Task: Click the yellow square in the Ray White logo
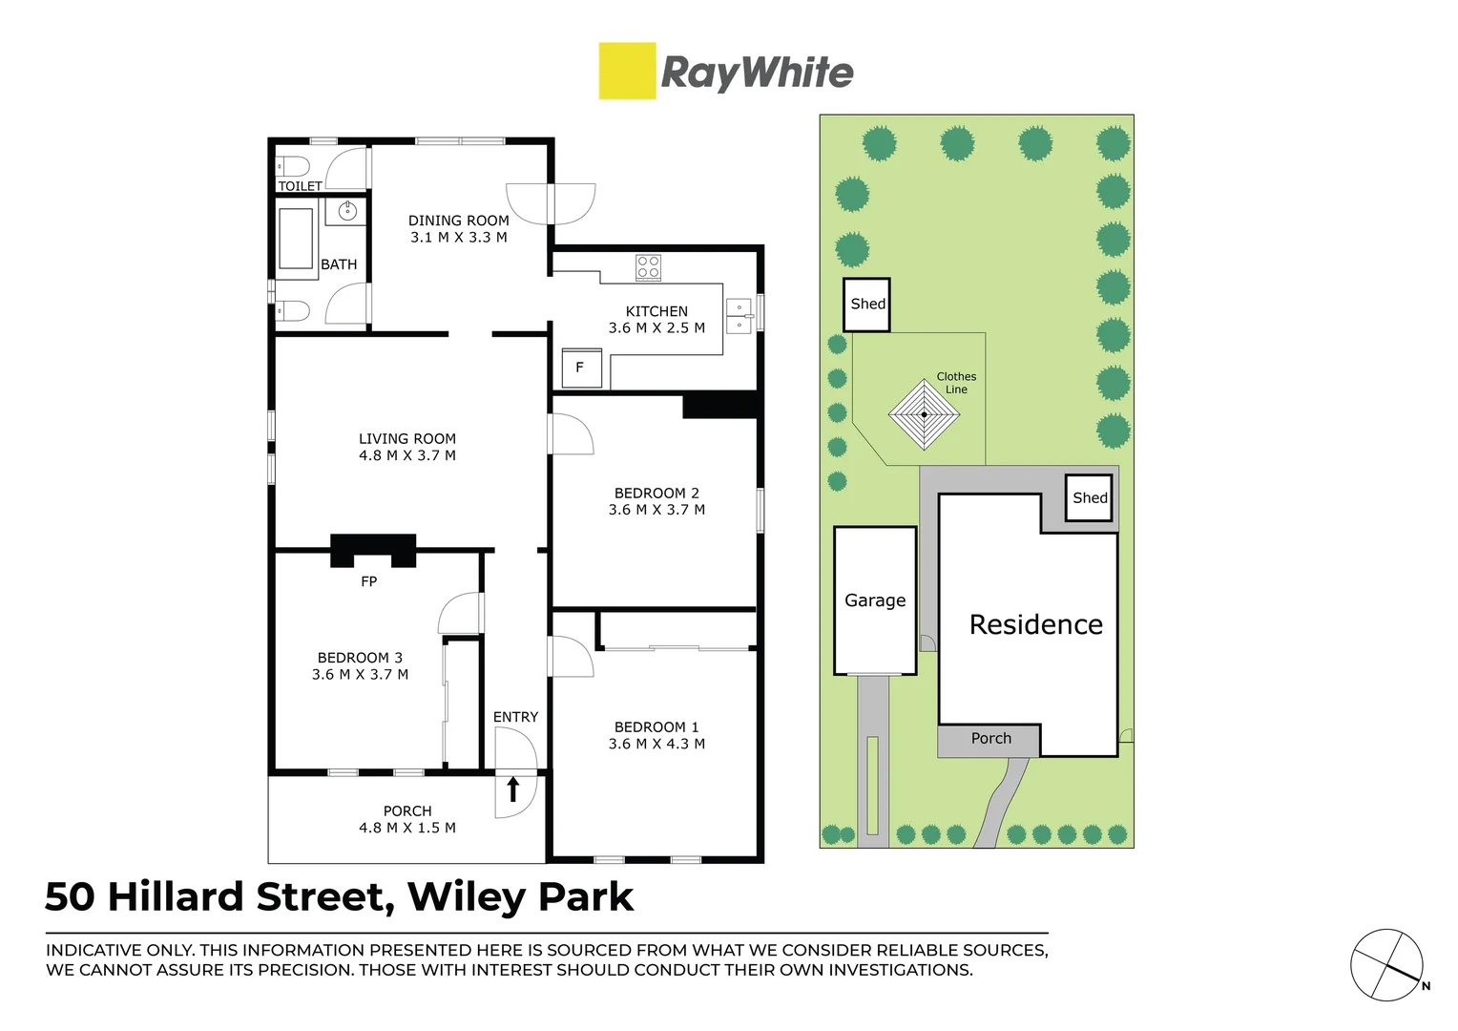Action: point(627,71)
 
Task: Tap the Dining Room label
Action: point(458,221)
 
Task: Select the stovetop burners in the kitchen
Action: point(649,267)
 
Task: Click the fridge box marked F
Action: point(581,368)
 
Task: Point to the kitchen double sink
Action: point(739,316)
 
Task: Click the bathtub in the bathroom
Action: point(296,239)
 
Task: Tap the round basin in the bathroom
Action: point(347,211)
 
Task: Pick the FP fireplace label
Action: point(369,581)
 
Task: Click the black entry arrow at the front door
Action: point(512,789)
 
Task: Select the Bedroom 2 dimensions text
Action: point(656,510)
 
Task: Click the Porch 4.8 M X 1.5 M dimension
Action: point(407,828)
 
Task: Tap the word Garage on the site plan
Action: point(875,600)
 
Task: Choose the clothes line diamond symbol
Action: point(924,414)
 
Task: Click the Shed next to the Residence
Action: point(1089,497)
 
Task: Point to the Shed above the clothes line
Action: point(867,305)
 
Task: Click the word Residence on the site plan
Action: point(1035,624)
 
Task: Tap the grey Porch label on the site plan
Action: point(990,739)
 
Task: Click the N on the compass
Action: point(1426,986)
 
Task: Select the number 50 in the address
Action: point(70,897)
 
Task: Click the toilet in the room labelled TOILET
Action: point(293,164)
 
